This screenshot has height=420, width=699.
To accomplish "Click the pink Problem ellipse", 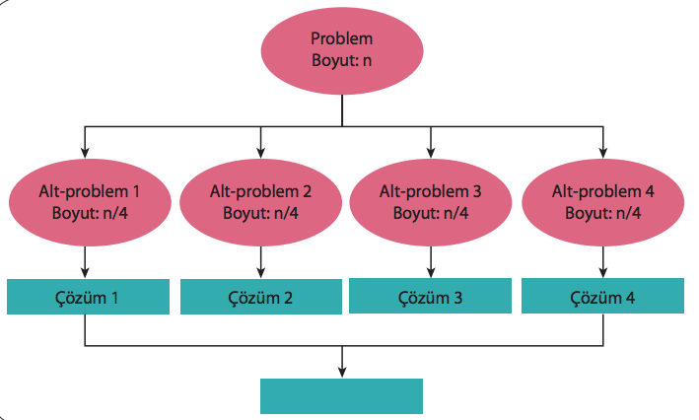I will pos(341,50).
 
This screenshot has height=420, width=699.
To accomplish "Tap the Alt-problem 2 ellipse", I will pos(260,202).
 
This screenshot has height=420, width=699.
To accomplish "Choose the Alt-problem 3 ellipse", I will pos(430,202).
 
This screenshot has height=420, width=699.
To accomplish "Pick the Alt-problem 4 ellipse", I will pos(602,202).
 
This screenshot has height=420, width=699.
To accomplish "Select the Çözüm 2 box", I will pos(260,296).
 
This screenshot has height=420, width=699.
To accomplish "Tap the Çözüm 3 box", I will pos(431,296).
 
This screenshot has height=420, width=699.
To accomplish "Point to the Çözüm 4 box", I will pos(602,296).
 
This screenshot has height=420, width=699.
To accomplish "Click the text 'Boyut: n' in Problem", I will pos(341,60).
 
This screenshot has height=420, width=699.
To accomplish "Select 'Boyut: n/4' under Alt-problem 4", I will pos(602,212).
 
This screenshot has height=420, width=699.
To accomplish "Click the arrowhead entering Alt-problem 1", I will pos(87,151).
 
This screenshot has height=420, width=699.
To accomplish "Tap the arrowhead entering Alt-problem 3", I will pos(430,151).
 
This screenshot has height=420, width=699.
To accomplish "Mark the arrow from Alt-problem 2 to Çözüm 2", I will pos(260,261).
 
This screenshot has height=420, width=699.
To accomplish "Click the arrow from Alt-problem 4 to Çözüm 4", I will pos(602,261).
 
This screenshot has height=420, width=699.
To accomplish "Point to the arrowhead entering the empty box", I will pos(341,372).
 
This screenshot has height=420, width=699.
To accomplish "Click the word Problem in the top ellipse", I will pos(341,39).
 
